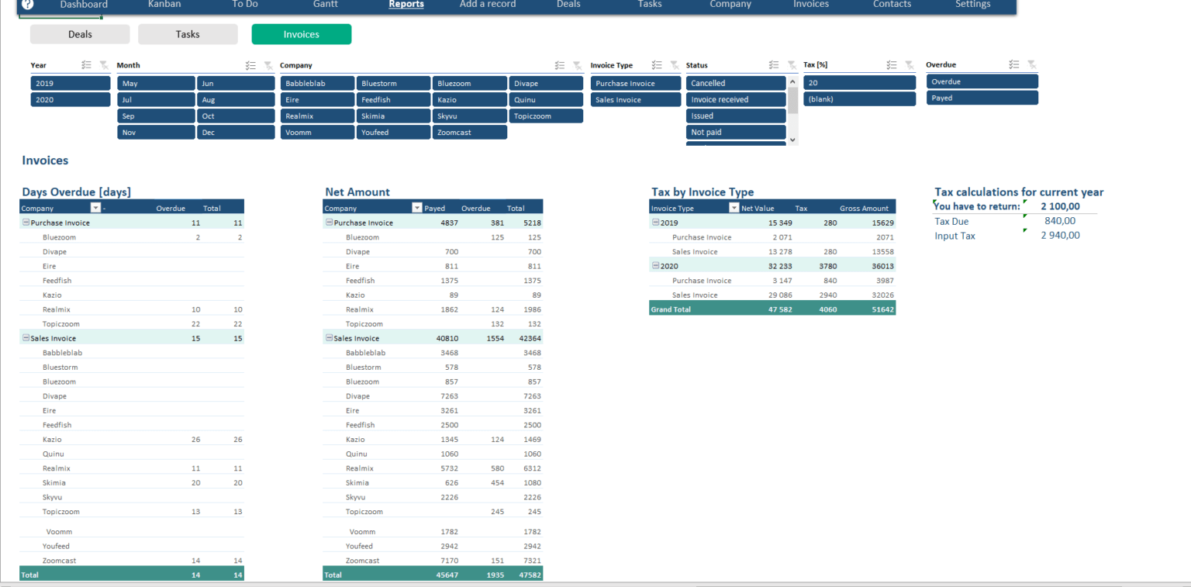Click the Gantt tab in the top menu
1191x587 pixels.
[x=325, y=5]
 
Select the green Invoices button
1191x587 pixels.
[x=301, y=34]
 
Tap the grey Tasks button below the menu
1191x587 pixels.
[x=188, y=34]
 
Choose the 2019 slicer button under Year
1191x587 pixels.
[x=71, y=83]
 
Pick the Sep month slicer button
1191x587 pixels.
[x=156, y=116]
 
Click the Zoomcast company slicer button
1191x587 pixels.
[x=469, y=132]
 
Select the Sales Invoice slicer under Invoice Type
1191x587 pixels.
[x=635, y=99]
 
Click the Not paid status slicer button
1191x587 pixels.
[x=735, y=132]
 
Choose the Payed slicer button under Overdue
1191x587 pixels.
[x=982, y=98]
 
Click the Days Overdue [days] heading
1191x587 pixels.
[x=76, y=192]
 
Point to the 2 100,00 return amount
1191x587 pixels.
[x=1060, y=206]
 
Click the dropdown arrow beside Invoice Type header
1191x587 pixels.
[x=734, y=208]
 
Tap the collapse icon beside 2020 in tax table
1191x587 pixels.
[x=655, y=266]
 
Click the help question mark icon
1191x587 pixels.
[x=28, y=5]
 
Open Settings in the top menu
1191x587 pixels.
[x=972, y=5]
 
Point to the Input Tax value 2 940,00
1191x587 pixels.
[x=1060, y=236]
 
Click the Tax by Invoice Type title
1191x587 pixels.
[x=702, y=192]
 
